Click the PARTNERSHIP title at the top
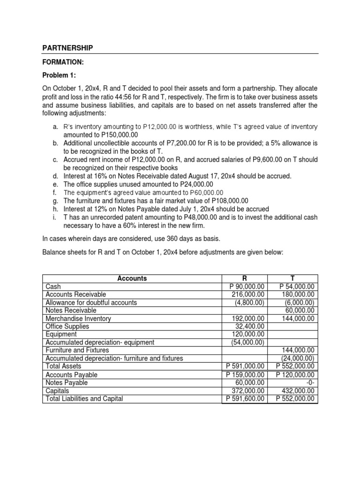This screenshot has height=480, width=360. [67, 48]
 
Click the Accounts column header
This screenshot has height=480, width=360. [132, 278]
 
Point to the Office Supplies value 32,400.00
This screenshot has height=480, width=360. [249, 326]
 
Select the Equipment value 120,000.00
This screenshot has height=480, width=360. [247, 334]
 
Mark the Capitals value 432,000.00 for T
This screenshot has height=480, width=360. [298, 390]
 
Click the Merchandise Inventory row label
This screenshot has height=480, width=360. [78, 318]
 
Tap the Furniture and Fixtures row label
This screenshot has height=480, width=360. [77, 350]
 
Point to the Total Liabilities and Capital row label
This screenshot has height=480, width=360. [84, 398]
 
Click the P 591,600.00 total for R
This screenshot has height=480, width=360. [244, 398]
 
